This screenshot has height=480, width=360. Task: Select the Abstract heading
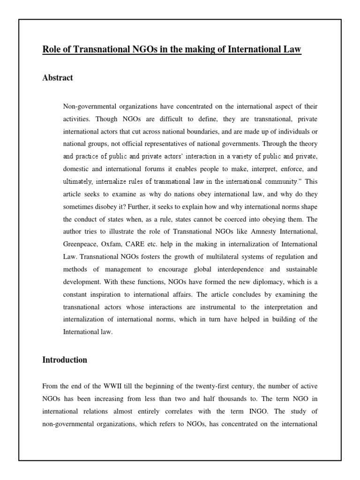pyautogui.click(x=58, y=78)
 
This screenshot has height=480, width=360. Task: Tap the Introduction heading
pyautogui.click(x=65, y=360)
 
